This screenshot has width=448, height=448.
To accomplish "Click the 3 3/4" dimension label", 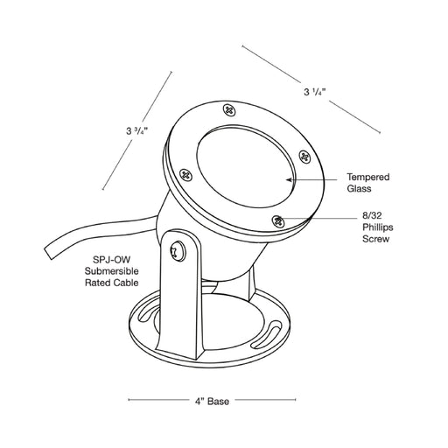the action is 137,131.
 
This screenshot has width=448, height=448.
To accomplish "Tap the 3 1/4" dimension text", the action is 314,92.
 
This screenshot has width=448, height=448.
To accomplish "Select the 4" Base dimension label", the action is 212,402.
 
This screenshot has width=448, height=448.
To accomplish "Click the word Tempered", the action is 368,177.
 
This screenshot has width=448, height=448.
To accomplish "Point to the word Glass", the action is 359,188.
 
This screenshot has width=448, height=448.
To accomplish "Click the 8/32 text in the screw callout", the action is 372,215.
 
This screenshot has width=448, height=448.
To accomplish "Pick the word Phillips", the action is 378,227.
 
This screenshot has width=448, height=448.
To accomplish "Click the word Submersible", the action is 111,271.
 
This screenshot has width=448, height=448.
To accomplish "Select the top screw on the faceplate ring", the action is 229,110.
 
